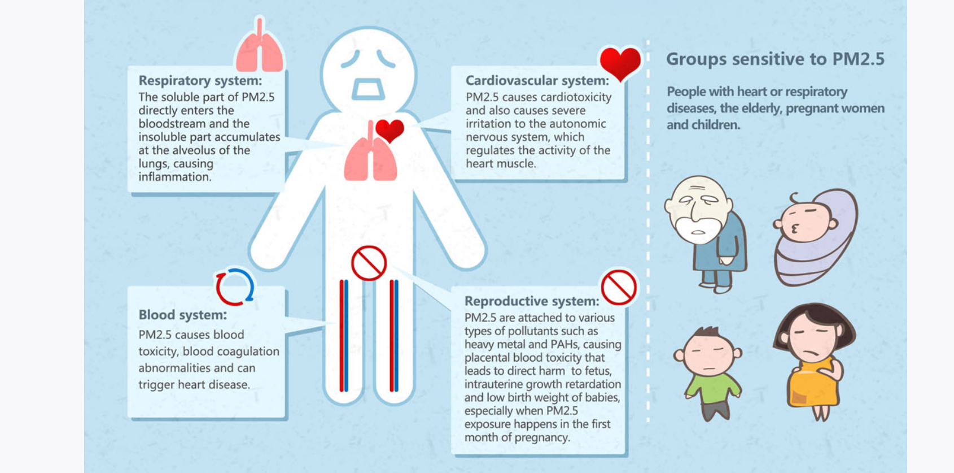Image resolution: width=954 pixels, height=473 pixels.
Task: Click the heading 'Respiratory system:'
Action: click(200, 81)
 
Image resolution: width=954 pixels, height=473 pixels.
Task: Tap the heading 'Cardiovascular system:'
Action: click(537, 81)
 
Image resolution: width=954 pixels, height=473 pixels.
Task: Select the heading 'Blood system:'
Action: click(182, 315)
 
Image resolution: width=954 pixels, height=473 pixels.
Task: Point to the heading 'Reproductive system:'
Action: click(532, 301)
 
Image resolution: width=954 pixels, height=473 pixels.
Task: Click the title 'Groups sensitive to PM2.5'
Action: click(775, 59)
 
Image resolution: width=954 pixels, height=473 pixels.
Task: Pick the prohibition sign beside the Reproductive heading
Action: click(619, 287)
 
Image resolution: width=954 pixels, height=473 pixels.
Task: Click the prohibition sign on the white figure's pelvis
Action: click(369, 263)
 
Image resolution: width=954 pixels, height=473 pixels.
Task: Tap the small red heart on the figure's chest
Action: click(389, 131)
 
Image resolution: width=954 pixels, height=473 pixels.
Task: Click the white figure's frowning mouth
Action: click(368, 90)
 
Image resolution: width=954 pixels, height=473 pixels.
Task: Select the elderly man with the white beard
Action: click(706, 232)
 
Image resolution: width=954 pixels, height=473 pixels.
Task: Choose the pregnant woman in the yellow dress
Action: click(813, 362)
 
